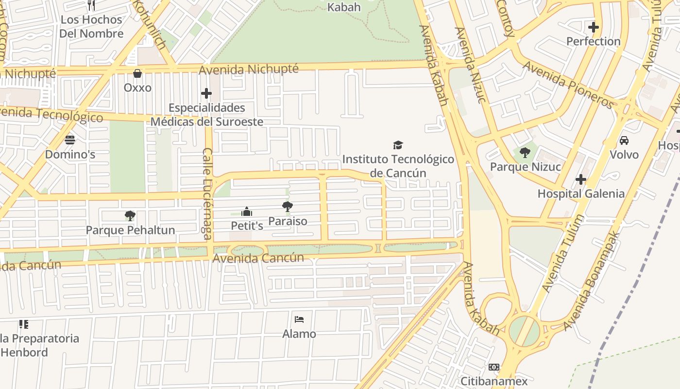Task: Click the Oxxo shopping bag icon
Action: tap(137, 73)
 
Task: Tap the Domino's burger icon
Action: tap(70, 140)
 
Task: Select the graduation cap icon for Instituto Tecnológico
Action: tap(398, 145)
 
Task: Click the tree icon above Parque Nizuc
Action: tap(525, 153)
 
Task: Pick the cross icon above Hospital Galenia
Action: tap(581, 179)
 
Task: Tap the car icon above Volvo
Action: tap(624, 141)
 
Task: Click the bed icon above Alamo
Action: tap(299, 319)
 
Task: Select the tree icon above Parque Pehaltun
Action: tap(130, 215)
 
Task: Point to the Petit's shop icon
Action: tap(247, 212)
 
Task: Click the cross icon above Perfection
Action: tap(593, 27)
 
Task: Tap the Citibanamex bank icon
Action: tap(494, 367)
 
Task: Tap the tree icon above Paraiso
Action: tap(288, 207)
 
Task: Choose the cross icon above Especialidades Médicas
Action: tap(206, 93)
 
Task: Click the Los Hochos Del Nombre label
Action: tap(91, 26)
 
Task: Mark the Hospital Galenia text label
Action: tap(581, 194)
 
